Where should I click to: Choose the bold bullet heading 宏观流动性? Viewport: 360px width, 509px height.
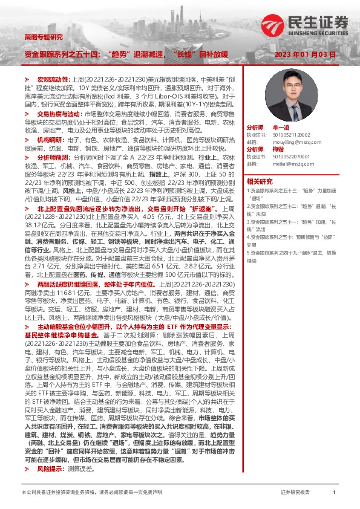(x=54, y=80)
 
